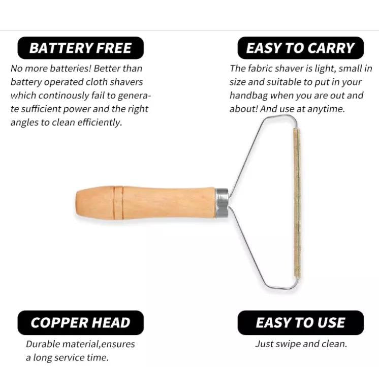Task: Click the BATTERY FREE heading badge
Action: [x=80, y=48]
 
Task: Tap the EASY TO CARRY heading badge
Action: [x=300, y=48]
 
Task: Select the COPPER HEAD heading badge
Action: [x=80, y=323]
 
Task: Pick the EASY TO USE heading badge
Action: [x=300, y=323]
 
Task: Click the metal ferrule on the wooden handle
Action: [x=222, y=203]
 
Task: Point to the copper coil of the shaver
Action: [x=297, y=203]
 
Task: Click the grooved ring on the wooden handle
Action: [x=118, y=203]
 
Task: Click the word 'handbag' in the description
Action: [x=249, y=96]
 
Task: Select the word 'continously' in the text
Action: [x=64, y=96]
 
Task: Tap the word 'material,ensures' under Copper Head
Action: [x=99, y=344]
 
